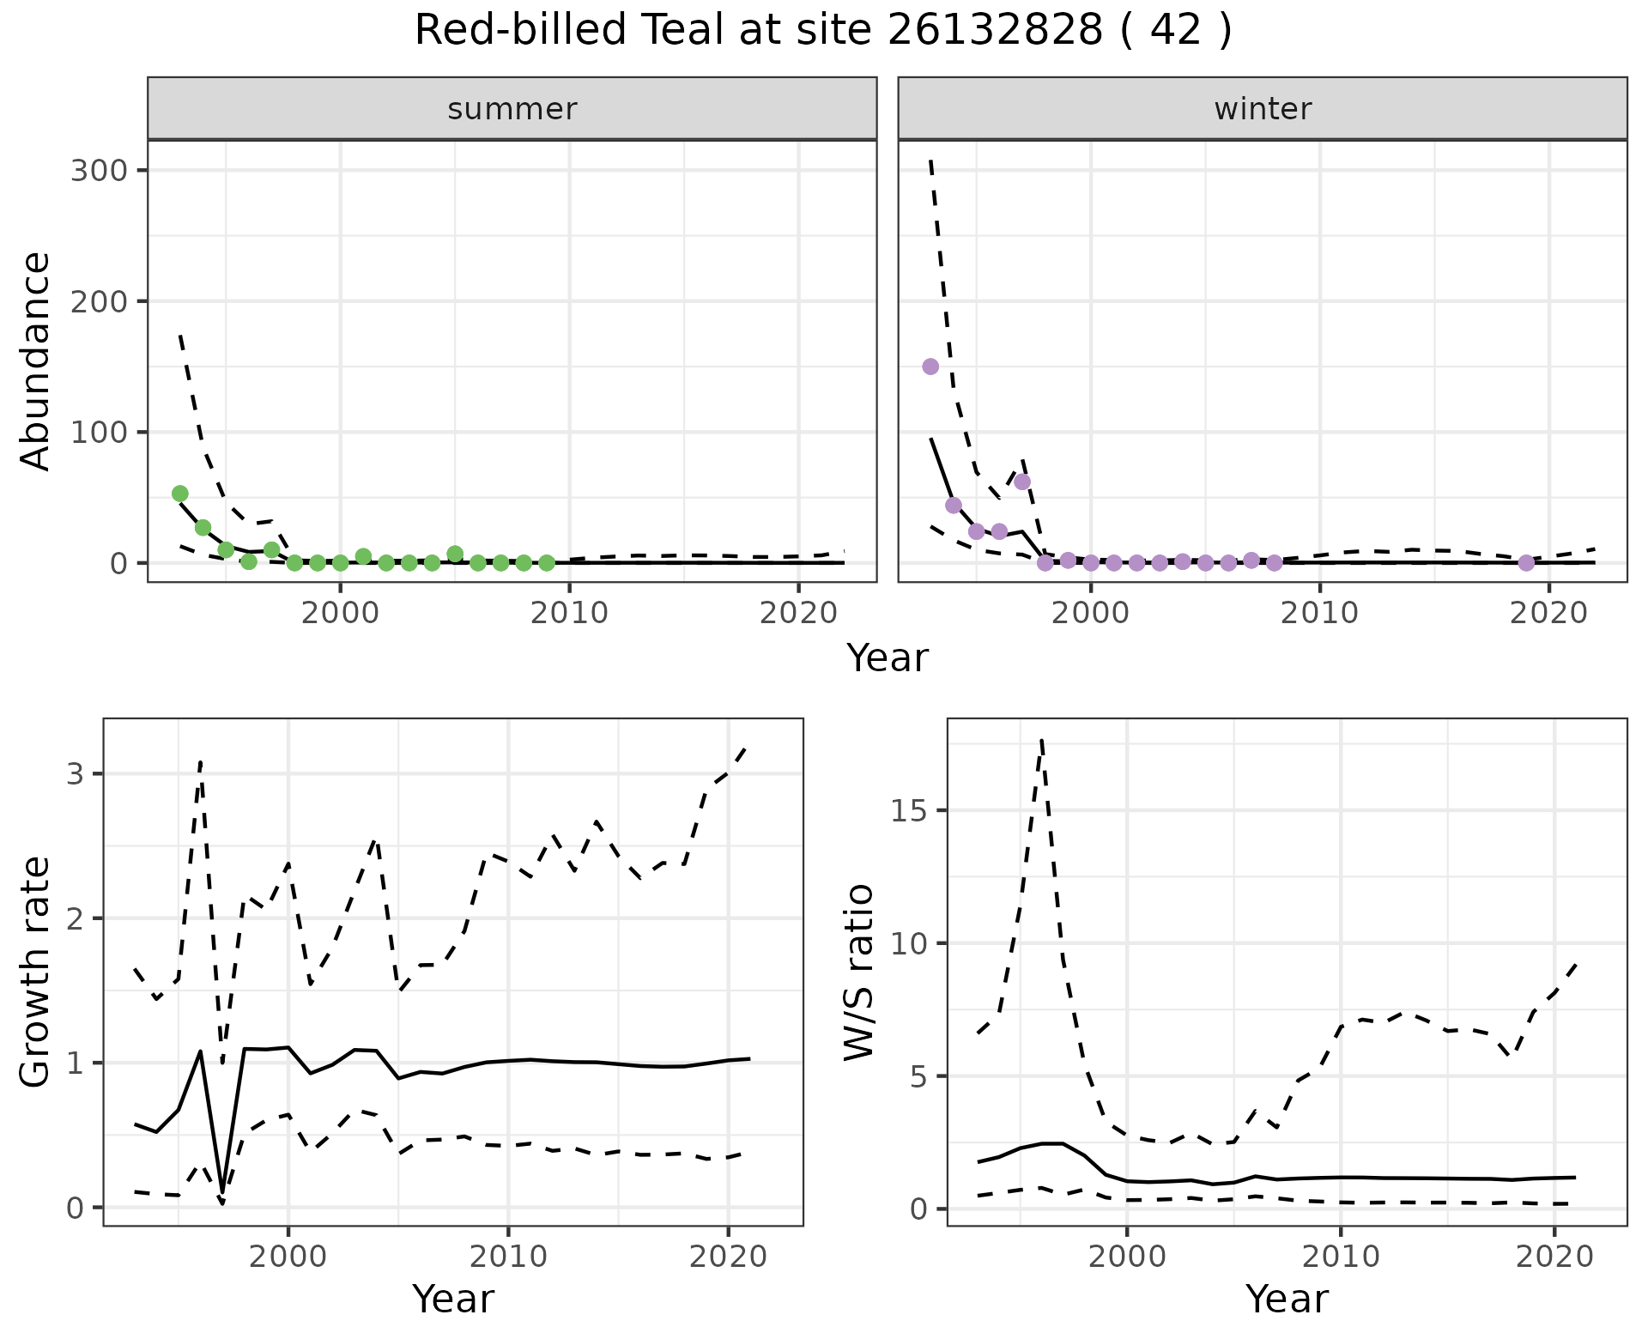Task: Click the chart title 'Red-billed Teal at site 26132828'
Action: (822, 31)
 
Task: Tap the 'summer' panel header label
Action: (512, 109)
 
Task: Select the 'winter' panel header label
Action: (1263, 109)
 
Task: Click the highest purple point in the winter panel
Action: (930, 367)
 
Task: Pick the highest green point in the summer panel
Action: (180, 494)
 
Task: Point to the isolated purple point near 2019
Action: (1526, 563)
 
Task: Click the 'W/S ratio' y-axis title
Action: (859, 972)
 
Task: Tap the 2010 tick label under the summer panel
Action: (569, 613)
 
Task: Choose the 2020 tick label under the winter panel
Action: (1549, 613)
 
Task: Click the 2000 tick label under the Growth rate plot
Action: (288, 1257)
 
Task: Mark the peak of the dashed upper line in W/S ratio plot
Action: (1041, 740)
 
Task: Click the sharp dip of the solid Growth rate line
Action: (222, 1193)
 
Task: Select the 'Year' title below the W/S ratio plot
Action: (1287, 1299)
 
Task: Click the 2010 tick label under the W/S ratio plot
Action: (1341, 1257)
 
